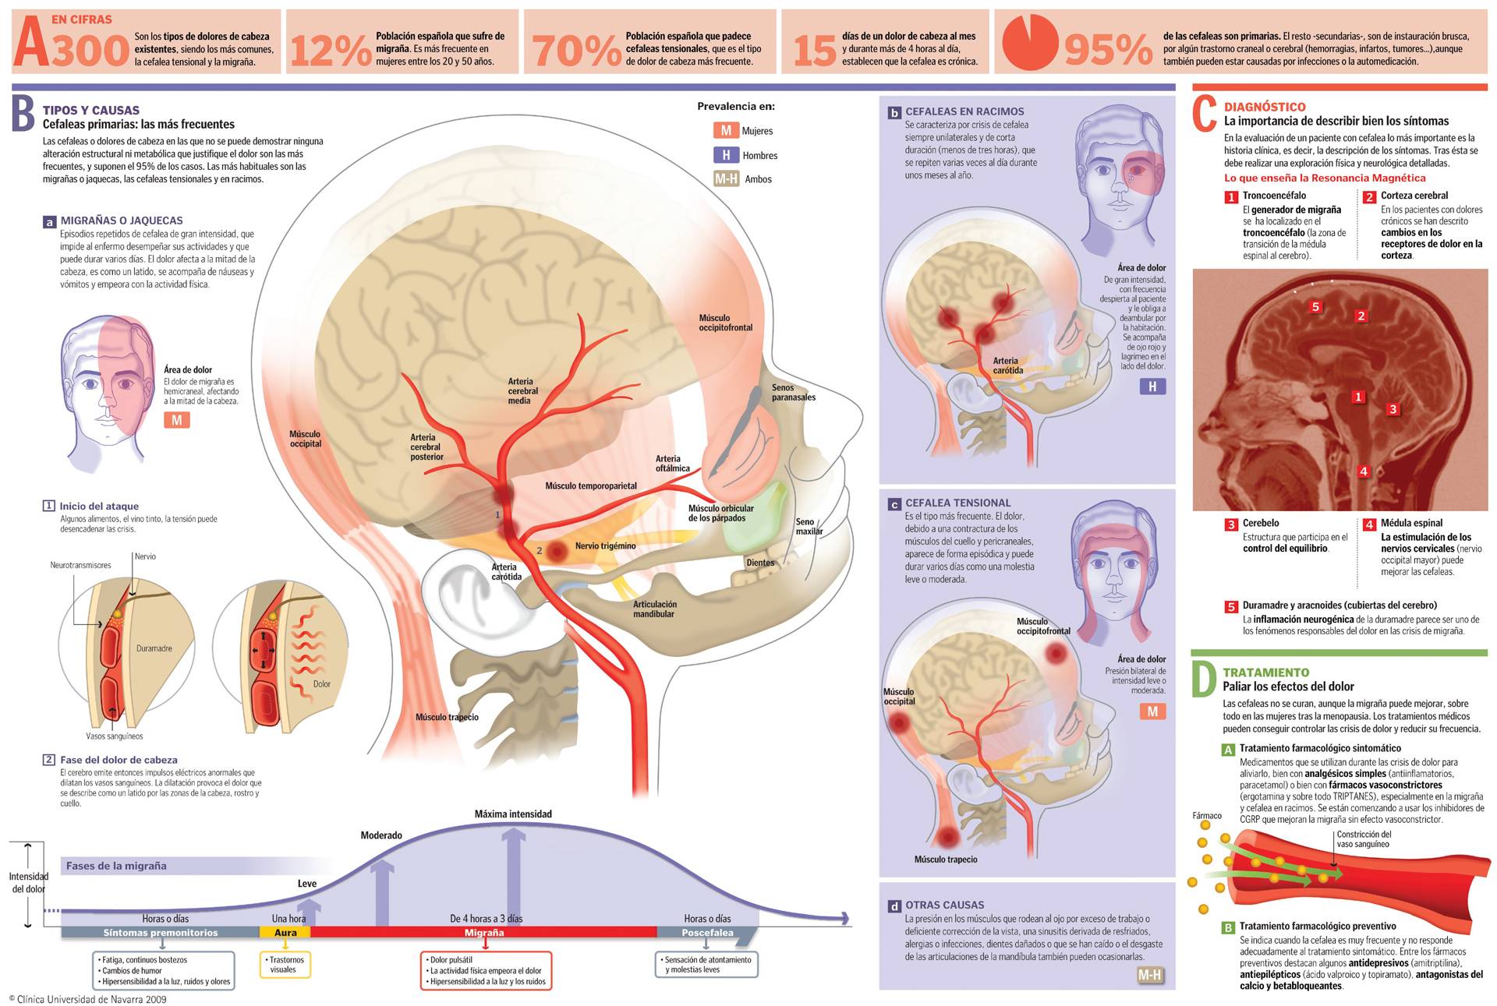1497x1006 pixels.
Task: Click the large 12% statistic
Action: [x=331, y=51]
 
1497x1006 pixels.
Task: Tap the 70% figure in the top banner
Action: [x=576, y=51]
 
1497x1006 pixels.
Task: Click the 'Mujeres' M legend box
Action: [x=726, y=131]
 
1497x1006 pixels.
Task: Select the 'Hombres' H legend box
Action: [x=726, y=155]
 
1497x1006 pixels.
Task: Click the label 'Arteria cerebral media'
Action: [x=522, y=391]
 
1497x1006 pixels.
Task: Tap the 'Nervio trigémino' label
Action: [x=605, y=546]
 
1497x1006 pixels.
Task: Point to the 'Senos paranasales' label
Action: [x=793, y=393]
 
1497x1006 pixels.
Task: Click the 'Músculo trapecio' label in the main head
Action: [x=447, y=717]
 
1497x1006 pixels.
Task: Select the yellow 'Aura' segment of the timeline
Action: [x=285, y=933]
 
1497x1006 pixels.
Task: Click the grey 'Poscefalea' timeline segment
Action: [x=706, y=933]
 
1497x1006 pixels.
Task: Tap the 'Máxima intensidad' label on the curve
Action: [x=513, y=814]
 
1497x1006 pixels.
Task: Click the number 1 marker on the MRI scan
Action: [x=1358, y=397]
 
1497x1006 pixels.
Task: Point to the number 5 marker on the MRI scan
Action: [x=1316, y=307]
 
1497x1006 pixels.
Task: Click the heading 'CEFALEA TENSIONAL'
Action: [x=957, y=503]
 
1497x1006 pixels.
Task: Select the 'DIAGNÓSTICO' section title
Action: [x=1265, y=107]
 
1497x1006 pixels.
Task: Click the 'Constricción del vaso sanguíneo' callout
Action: [x=1364, y=839]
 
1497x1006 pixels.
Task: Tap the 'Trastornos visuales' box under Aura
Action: [x=285, y=965]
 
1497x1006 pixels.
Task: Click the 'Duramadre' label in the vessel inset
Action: [x=154, y=648]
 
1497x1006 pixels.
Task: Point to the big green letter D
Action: [x=1204, y=679]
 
